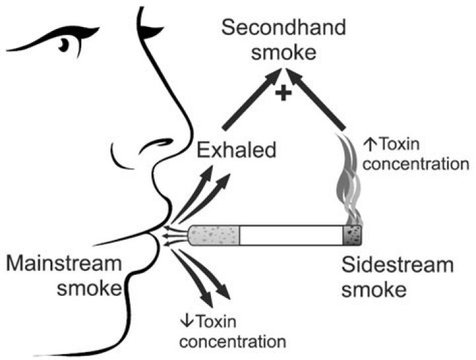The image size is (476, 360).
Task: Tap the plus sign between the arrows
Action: point(284,94)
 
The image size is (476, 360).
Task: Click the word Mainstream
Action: point(64,264)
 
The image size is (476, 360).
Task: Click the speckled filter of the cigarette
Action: point(214,234)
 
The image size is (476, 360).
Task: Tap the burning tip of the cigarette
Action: point(353,234)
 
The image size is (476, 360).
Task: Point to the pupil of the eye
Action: point(64,44)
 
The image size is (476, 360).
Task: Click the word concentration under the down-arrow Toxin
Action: point(233,342)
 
